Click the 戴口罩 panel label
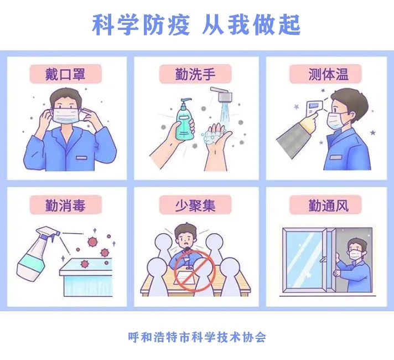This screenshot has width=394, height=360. [x=66, y=74]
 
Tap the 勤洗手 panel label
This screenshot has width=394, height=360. [x=196, y=74]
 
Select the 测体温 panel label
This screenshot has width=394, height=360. [x=328, y=74]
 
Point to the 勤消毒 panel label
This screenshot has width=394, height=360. [x=66, y=205]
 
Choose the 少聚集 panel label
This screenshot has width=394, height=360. [x=196, y=205]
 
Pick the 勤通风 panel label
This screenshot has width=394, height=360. [x=328, y=205]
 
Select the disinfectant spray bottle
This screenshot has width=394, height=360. [x=34, y=255]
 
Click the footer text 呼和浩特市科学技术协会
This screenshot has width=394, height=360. [x=196, y=336]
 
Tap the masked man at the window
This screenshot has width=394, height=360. [x=355, y=260]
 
